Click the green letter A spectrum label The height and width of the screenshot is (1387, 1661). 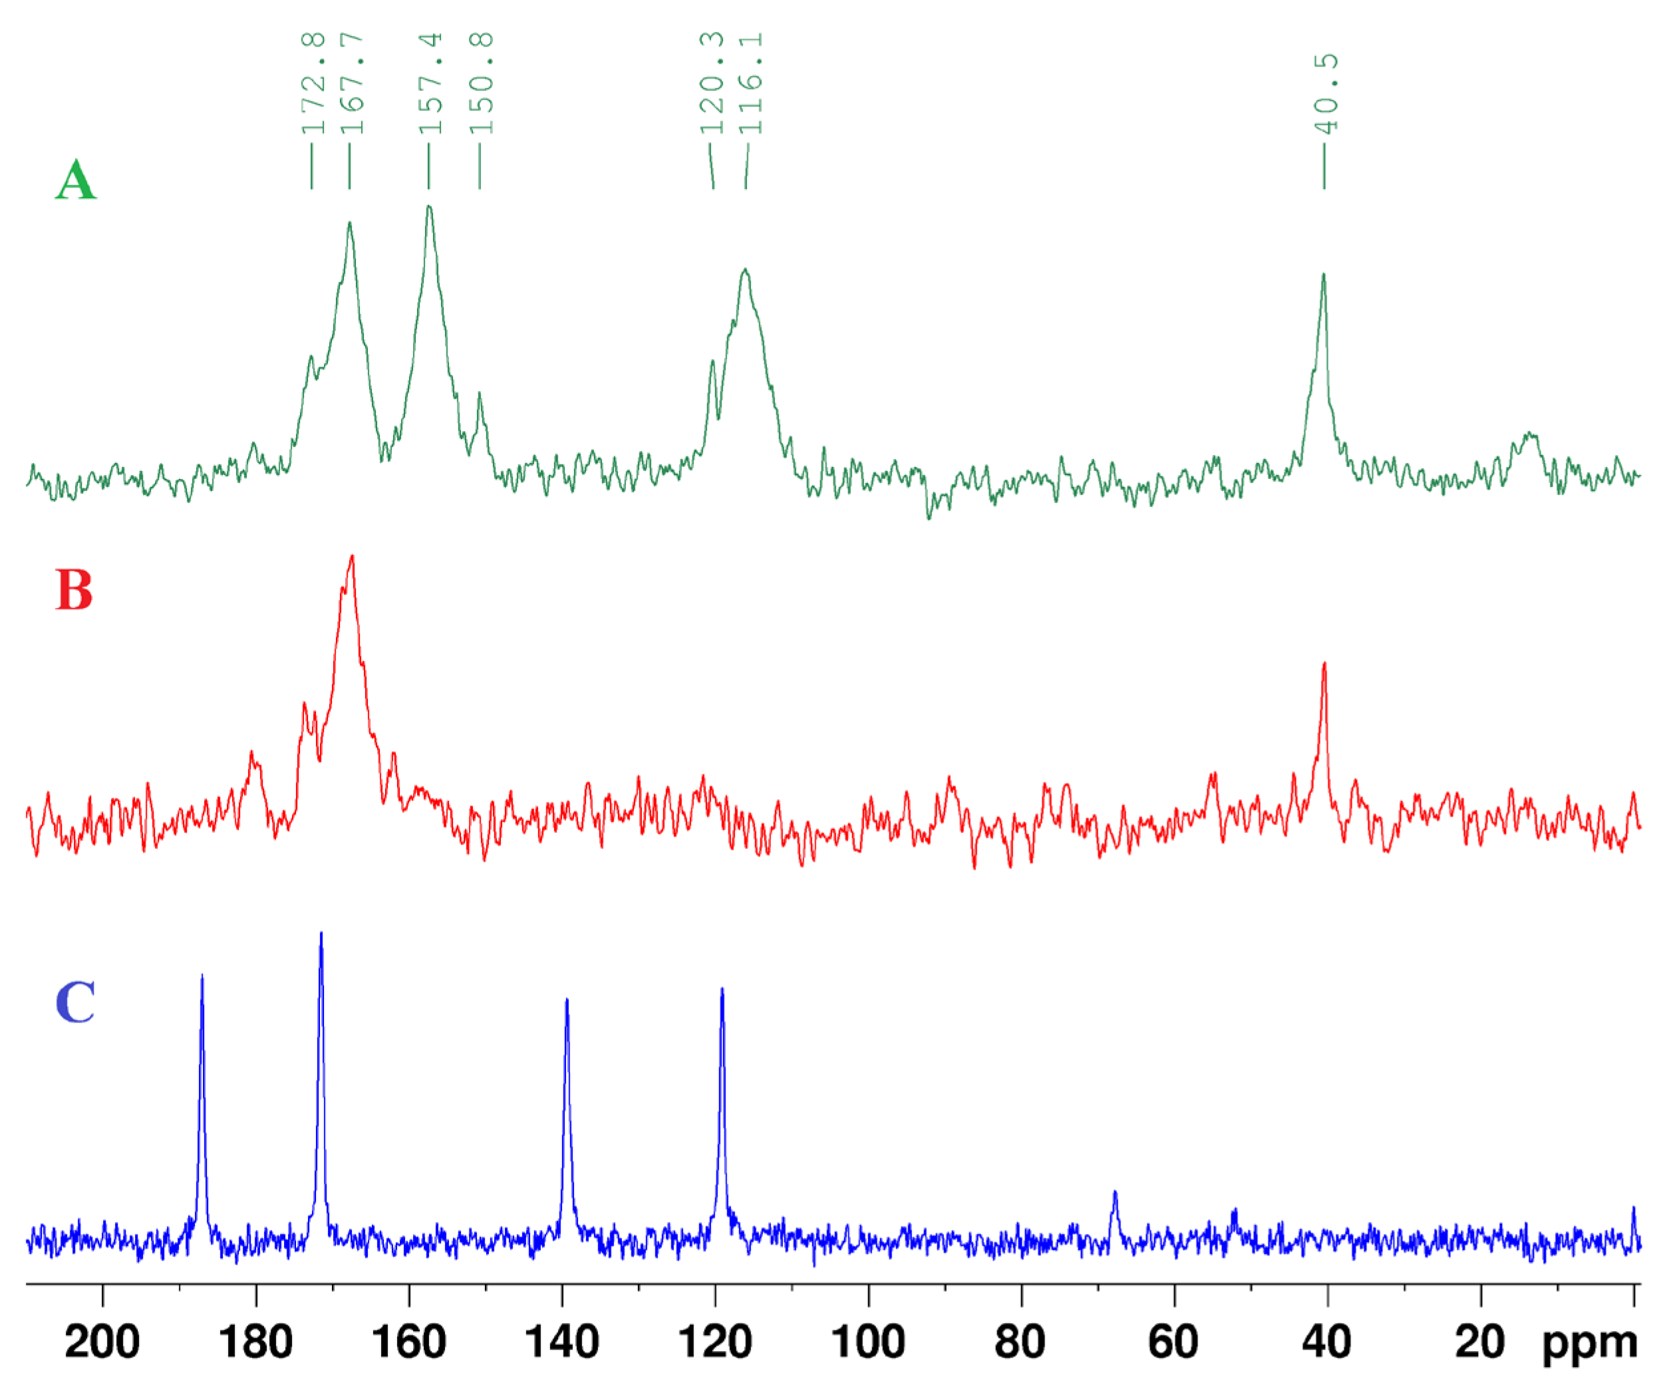pyautogui.click(x=76, y=180)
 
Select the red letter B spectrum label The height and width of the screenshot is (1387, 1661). pyautogui.click(x=75, y=590)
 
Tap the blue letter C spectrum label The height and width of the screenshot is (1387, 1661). pyautogui.click(x=75, y=1002)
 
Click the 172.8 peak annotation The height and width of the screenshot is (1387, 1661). pyautogui.click(x=313, y=83)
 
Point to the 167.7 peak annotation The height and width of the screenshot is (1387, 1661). pyautogui.click(x=351, y=83)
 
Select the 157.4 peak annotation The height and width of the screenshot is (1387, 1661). pyautogui.click(x=430, y=83)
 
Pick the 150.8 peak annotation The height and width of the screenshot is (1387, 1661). pyautogui.click(x=481, y=83)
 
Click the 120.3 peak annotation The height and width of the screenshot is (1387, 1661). pyautogui.click(x=712, y=83)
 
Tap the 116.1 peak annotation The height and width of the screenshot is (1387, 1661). pyautogui.click(x=750, y=83)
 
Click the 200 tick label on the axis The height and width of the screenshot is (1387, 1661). pyautogui.click(x=102, y=1342)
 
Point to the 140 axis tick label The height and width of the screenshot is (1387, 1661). pyautogui.click(x=562, y=1342)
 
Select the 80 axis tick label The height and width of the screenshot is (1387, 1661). pyautogui.click(x=1020, y=1342)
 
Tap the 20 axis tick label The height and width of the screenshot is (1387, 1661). pyautogui.click(x=1480, y=1342)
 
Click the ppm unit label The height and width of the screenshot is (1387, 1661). pyautogui.click(x=1590, y=1344)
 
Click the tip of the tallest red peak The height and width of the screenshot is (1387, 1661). pyautogui.click(x=352, y=556)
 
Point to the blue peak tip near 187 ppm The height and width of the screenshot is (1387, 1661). pyautogui.click(x=202, y=975)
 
